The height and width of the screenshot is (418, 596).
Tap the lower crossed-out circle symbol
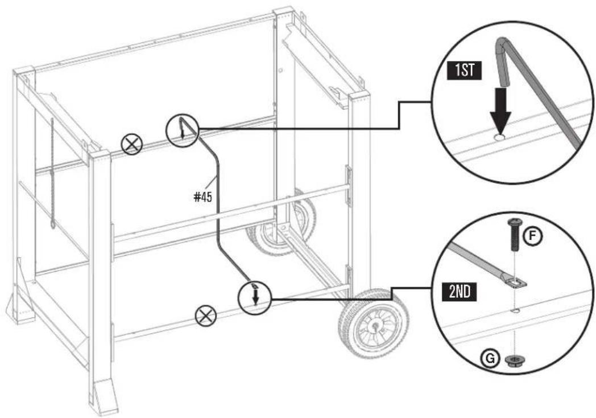[x=204, y=315]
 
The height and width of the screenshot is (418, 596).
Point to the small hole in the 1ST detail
[x=499, y=137]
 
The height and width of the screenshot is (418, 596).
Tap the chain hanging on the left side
[x=52, y=174]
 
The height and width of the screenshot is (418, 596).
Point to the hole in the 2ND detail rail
[x=515, y=310]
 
